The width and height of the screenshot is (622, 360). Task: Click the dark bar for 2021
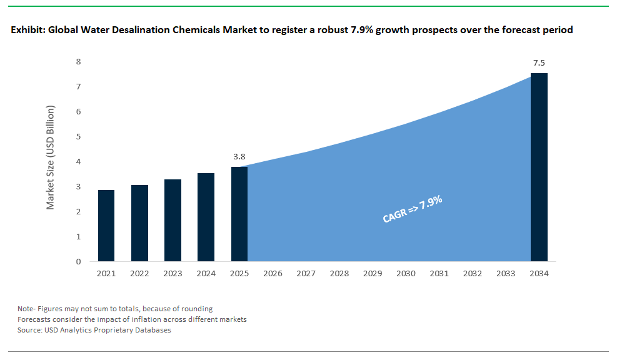[106, 226]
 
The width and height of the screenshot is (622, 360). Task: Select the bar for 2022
[139, 223]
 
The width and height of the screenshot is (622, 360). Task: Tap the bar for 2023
[173, 220]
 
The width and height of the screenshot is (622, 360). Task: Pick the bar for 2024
[206, 217]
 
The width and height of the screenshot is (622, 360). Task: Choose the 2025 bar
[239, 214]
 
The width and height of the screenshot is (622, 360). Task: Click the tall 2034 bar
[539, 167]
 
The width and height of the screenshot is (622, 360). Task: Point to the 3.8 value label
[238, 157]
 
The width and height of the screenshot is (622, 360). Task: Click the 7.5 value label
[539, 63]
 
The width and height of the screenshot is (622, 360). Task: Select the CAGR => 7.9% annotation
[412, 209]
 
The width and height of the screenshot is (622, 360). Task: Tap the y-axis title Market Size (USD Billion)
[51, 157]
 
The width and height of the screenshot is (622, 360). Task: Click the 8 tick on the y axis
[78, 61]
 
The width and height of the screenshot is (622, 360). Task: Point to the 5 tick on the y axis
[78, 137]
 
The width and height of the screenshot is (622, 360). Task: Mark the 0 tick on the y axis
[78, 262]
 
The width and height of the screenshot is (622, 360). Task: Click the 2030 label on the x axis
[406, 274]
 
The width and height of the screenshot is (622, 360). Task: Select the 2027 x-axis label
[306, 274]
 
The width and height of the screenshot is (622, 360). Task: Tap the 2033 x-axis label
[506, 274]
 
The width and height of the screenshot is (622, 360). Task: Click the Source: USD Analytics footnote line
[94, 331]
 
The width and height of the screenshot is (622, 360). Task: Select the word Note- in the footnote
[27, 309]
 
